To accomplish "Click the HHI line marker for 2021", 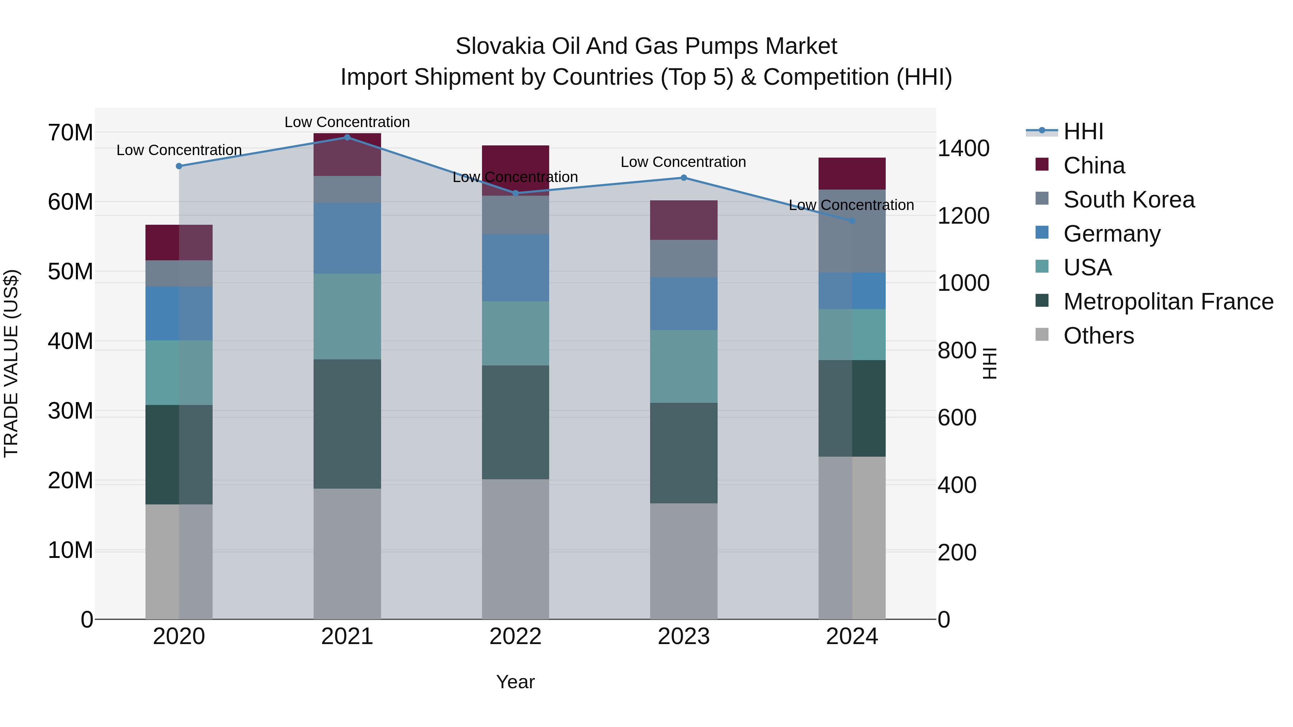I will [347, 137].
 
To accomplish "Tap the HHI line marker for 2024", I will [852, 221].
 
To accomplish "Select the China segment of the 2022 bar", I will [515, 170].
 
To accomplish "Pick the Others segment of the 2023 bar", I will [683, 560].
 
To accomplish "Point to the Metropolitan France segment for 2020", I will [179, 454].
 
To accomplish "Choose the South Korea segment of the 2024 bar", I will [852, 231].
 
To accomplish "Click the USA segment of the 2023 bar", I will [683, 366].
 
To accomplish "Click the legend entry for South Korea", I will [1129, 200].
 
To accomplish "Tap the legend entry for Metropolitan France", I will [1168, 302].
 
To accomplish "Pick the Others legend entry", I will [1098, 336].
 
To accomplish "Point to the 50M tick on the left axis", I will [70, 271].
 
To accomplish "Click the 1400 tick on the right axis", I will [963, 149].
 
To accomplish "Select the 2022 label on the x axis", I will [515, 637].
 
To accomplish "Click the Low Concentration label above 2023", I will [683, 162].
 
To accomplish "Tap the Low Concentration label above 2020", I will [179, 150].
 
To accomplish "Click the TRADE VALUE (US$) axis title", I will [11, 363].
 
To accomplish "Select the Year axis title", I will [515, 682].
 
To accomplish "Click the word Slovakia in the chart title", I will [500, 46].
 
